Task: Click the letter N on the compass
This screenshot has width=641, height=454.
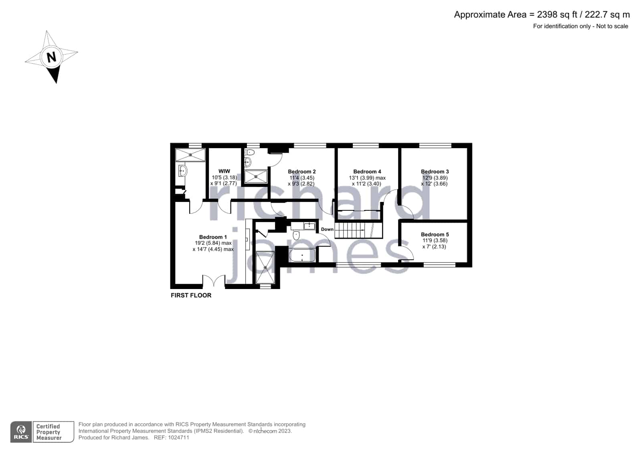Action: pos(51,57)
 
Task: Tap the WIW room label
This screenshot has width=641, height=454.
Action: pos(224,171)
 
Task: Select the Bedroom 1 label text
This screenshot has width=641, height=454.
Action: pos(213,237)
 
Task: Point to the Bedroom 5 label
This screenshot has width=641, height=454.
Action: pos(435,234)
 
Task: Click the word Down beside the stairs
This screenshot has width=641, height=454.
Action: pos(327,229)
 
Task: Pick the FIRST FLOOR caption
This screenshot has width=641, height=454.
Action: pos(191,295)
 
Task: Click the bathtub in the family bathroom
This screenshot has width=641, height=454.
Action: pos(302,255)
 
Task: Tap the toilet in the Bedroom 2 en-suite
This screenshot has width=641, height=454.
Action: pos(249,152)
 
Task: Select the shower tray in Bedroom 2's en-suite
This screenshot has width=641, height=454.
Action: pos(256,177)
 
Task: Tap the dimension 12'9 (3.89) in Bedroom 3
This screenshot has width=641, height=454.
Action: pos(435,178)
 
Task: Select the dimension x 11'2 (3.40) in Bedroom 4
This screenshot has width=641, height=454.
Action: pos(366,184)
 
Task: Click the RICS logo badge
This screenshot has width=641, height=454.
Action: pos(21,432)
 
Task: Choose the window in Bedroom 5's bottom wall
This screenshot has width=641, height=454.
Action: pos(439,265)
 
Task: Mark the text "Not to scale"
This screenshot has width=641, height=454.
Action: pos(612,26)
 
